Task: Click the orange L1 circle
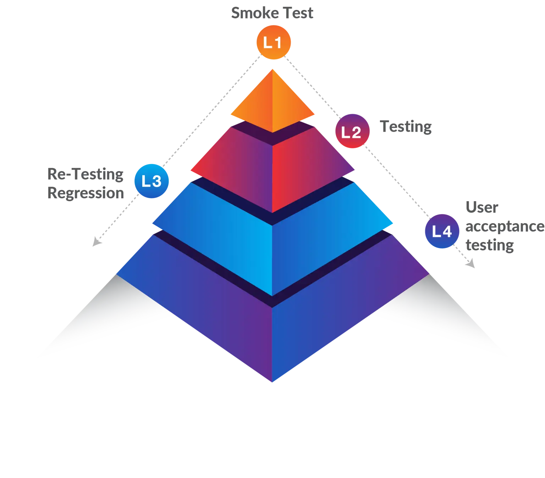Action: [x=274, y=42]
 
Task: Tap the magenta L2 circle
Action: [x=353, y=131]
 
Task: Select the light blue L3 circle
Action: [x=152, y=181]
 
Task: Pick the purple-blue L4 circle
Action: [x=442, y=231]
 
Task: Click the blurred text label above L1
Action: [x=272, y=13]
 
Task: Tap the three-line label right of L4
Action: [x=504, y=226]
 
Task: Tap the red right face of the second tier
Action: [x=305, y=167]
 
